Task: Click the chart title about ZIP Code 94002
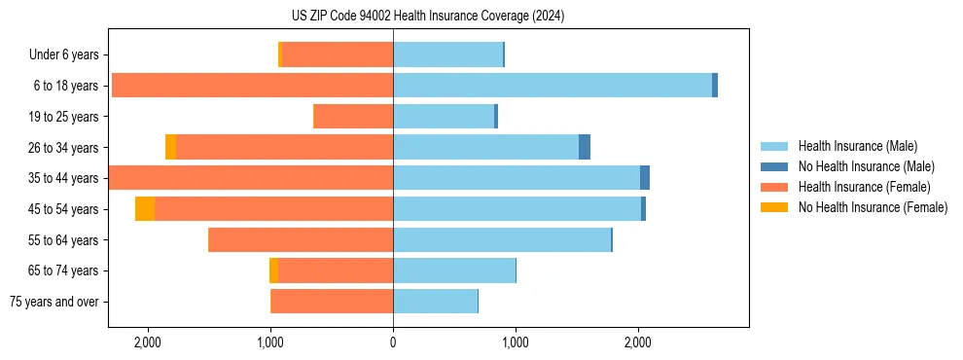[427, 17]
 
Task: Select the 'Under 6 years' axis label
[70, 54]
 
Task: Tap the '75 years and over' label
[54, 302]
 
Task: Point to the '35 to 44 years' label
[66, 178]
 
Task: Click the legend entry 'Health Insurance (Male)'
[857, 146]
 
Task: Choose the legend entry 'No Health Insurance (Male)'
[866, 166]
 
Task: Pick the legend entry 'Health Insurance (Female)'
[864, 187]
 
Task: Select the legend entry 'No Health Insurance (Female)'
[873, 207]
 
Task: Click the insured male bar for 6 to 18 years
[553, 86]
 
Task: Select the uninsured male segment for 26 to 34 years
[585, 147]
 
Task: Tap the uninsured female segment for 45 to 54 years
[145, 208]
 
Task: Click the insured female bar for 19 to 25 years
[353, 117]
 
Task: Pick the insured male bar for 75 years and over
[435, 302]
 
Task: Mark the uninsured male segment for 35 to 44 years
[645, 178]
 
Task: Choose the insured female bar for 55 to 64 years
[301, 239]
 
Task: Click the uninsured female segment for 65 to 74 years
[273, 270]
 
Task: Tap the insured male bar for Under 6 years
[447, 54]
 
